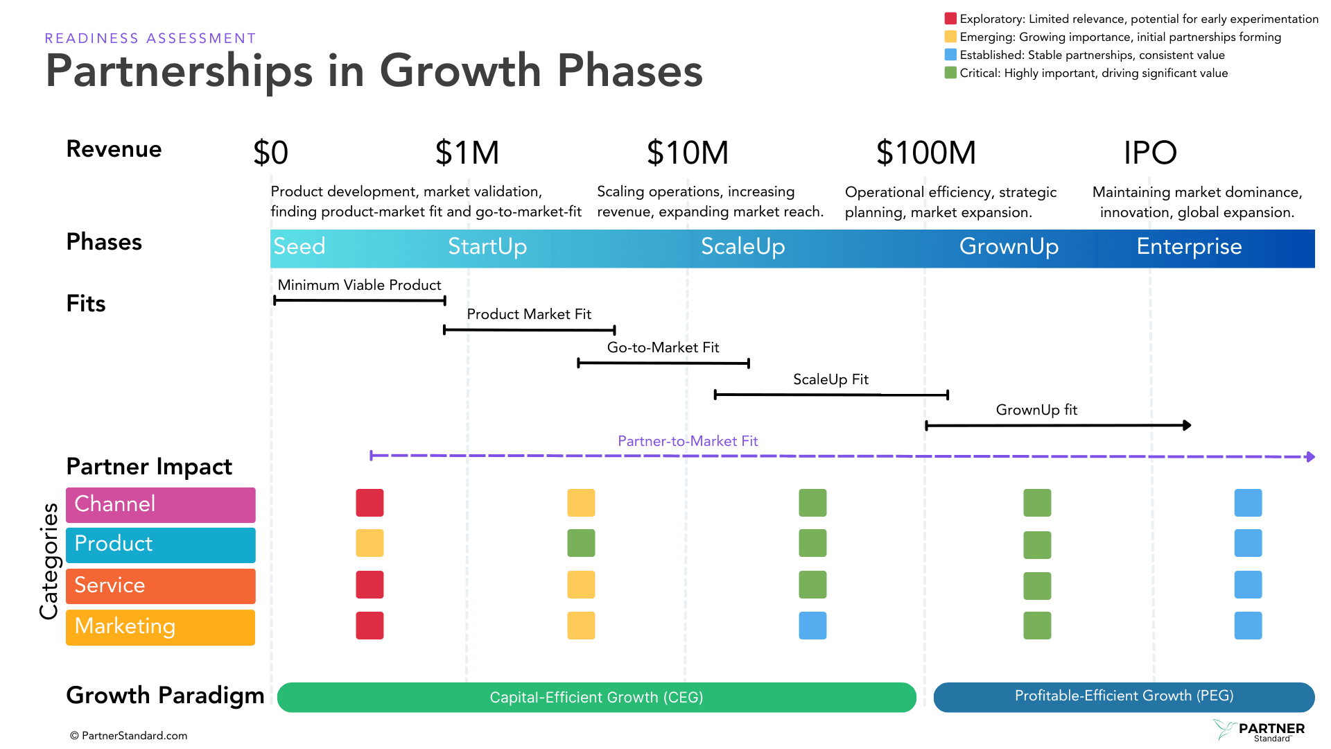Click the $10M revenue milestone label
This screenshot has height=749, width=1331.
click(x=687, y=153)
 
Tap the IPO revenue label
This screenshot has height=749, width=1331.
click(x=1150, y=153)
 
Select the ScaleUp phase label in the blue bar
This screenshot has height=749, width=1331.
click(x=742, y=247)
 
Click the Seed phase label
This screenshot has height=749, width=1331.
click(x=299, y=247)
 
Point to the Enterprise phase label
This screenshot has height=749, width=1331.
click(x=1189, y=247)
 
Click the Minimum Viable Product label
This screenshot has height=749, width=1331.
click(x=359, y=285)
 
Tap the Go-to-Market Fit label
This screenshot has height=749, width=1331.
click(x=663, y=347)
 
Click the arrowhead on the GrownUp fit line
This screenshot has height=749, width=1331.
click(x=1187, y=425)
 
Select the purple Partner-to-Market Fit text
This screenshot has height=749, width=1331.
click(x=688, y=441)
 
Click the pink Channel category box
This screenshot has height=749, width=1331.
click(x=160, y=504)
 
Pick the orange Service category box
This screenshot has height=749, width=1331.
click(x=160, y=586)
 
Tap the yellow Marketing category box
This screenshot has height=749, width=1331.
click(x=160, y=627)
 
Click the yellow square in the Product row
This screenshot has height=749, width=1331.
click(x=369, y=543)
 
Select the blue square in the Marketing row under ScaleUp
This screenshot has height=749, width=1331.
click(x=812, y=626)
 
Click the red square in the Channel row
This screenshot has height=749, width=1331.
click(x=369, y=503)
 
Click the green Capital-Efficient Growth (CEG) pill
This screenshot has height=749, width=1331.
click(x=596, y=697)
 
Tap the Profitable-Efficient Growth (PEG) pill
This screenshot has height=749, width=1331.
click(x=1124, y=696)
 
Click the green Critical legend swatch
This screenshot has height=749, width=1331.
click(x=950, y=73)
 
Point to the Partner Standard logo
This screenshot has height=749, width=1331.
click(x=1259, y=730)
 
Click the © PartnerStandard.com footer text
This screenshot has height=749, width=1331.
click(x=129, y=736)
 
